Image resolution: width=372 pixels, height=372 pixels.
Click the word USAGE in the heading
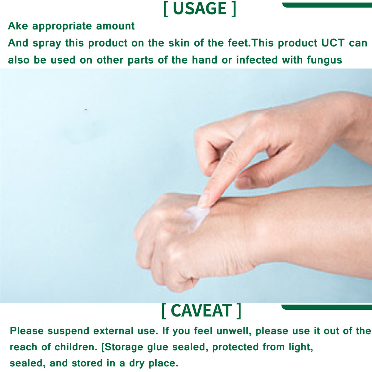tap(200, 9)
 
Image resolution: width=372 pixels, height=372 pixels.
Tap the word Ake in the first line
tap(18, 26)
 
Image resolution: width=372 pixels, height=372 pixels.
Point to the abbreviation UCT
tap(333, 43)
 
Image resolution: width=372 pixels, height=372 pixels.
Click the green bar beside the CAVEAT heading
tap(327, 307)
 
